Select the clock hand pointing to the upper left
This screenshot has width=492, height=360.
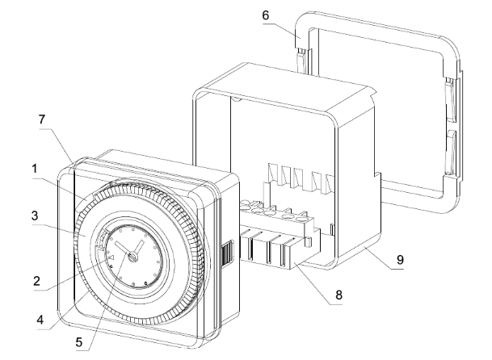coord(120,246)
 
